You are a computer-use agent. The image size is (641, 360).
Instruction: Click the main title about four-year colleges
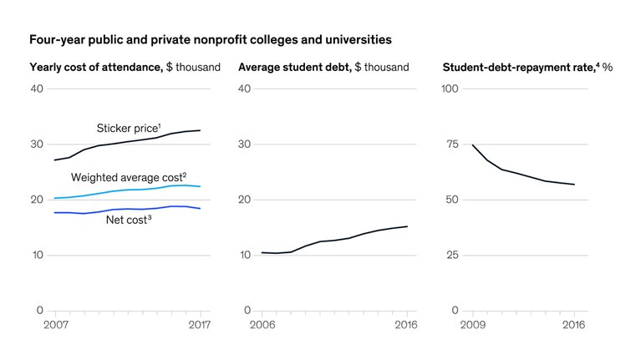[x=211, y=39]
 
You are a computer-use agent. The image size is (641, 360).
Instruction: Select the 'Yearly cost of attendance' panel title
[x=125, y=67]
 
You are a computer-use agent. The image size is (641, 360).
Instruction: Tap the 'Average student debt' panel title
[x=323, y=67]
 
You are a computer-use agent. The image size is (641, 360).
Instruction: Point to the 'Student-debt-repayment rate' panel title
[x=527, y=67]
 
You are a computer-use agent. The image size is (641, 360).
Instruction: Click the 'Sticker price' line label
[x=129, y=128]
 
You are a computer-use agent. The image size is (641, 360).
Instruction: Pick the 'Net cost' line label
[x=129, y=220]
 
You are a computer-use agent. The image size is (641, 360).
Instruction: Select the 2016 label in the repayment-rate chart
[x=573, y=324]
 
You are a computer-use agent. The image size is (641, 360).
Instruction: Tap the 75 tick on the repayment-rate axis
[x=453, y=144]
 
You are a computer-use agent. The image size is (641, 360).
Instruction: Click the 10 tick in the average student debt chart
[x=244, y=255]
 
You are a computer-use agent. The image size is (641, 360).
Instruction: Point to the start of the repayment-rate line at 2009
[x=473, y=145]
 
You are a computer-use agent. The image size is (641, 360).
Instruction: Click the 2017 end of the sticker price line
[x=200, y=130]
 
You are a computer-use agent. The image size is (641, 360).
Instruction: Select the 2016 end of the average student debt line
[x=407, y=226]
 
